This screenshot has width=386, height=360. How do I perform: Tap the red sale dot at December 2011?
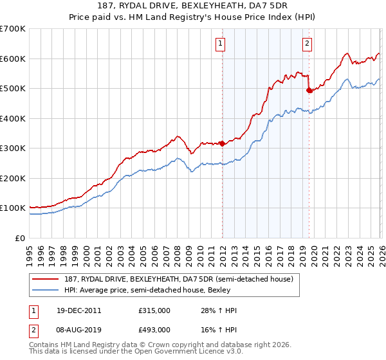click(x=223, y=143)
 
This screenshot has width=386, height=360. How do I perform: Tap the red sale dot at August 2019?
click(x=309, y=91)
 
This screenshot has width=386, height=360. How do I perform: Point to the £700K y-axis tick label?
click(x=13, y=29)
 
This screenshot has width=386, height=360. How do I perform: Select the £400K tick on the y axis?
click(x=13, y=118)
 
